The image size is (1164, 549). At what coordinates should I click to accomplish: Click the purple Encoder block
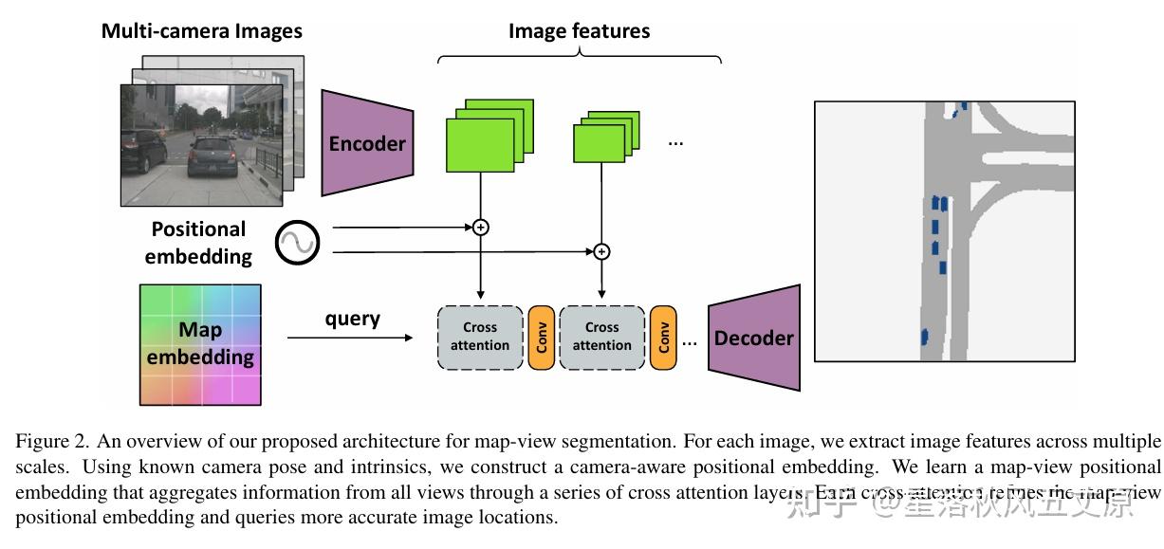(x=367, y=143)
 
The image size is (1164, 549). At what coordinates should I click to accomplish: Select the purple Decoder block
(x=754, y=339)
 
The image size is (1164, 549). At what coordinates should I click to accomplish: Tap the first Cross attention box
(x=480, y=337)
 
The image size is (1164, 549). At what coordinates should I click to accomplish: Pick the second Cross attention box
(x=601, y=337)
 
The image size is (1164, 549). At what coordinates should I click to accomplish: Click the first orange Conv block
(x=542, y=338)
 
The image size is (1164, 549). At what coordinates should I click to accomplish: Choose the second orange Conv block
(x=663, y=338)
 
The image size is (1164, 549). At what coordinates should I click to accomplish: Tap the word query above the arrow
(x=352, y=319)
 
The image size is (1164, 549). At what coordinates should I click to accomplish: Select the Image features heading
(x=579, y=30)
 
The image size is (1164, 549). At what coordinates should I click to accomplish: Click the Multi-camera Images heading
(x=201, y=30)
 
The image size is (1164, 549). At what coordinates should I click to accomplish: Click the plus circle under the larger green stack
(x=481, y=227)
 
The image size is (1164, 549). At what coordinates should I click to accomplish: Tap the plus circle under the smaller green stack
(x=601, y=251)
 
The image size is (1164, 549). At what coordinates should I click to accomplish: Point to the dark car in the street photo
(x=212, y=156)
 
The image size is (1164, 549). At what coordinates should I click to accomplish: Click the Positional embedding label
(x=198, y=243)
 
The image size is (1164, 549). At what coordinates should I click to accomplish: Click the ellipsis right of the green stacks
(x=675, y=142)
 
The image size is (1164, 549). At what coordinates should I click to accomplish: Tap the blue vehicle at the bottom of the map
(x=924, y=336)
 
